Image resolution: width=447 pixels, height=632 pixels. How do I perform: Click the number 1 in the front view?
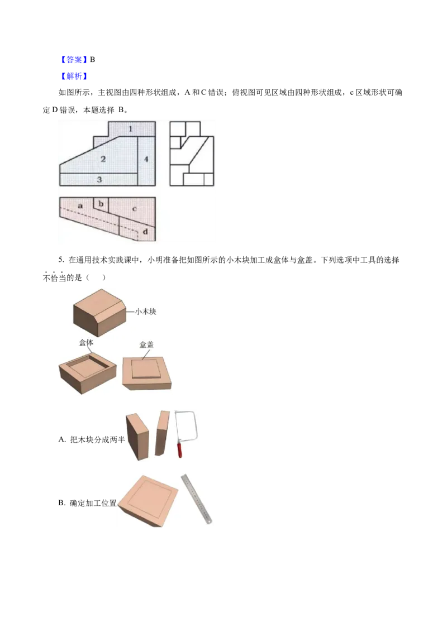pyautogui.click(x=130, y=129)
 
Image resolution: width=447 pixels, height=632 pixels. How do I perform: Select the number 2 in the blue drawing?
pyautogui.click(x=103, y=159)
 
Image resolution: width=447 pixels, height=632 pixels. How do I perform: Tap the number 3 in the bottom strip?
pyautogui.click(x=99, y=179)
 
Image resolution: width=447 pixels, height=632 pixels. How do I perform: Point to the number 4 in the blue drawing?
pyautogui.click(x=146, y=159)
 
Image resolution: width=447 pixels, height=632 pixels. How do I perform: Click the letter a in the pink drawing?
pyautogui.click(x=80, y=205)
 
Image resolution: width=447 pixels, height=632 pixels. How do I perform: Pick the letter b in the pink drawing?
pyautogui.click(x=101, y=204)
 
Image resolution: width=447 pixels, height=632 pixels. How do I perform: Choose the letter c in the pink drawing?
pyautogui.click(x=134, y=209)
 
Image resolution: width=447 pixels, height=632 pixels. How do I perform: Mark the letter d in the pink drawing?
pyautogui.click(x=145, y=230)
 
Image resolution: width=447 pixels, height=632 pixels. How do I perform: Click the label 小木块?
pyautogui.click(x=145, y=312)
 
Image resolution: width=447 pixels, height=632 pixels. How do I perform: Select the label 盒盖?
pyautogui.click(x=146, y=344)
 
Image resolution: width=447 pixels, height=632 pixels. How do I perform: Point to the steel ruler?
pyautogui.click(x=197, y=499)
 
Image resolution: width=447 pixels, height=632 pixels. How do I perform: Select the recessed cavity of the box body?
pyautogui.click(x=87, y=366)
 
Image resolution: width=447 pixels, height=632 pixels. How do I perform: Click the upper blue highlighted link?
pyautogui.click(x=74, y=59)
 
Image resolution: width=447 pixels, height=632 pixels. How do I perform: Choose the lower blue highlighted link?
pyautogui.click(x=74, y=75)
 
